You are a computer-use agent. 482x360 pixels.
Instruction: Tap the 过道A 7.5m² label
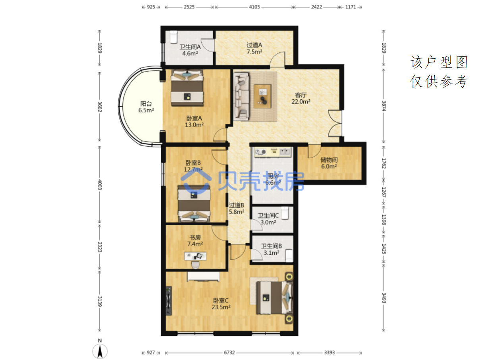pos(254,48)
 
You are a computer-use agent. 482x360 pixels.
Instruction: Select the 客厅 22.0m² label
pos(301,98)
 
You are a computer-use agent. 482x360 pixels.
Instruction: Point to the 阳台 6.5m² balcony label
pos(146,107)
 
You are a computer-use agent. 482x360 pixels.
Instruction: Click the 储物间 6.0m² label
pos(329,163)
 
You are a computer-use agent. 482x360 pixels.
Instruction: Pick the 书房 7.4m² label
pos(195,240)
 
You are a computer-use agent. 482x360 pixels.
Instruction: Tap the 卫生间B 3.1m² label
pos(272,249)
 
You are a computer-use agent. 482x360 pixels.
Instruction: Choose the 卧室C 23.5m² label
pos(221,304)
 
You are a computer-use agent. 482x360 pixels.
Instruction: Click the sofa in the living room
pos(241,97)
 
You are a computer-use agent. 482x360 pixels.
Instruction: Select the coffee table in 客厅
pos(262,96)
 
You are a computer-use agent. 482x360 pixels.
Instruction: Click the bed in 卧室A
pos(187,88)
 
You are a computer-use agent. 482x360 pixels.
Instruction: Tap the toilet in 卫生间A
pos(174,37)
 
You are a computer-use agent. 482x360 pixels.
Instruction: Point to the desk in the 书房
pos(195,256)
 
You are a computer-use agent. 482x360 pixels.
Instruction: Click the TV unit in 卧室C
pos(168,301)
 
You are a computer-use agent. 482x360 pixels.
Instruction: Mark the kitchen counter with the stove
pos(273,152)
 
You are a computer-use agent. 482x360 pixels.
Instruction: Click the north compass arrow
pos(100,351)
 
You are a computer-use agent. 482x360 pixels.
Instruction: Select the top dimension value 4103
pos(254,7)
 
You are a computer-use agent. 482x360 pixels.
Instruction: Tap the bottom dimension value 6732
pos(229,352)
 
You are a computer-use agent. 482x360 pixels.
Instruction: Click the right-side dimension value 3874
pos(384,106)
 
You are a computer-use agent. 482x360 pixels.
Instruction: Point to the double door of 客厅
pos(335,123)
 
